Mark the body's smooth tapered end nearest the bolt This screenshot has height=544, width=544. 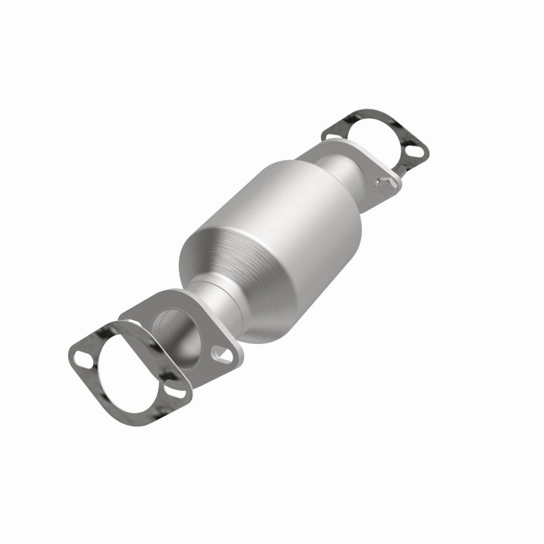tap(326, 163)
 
